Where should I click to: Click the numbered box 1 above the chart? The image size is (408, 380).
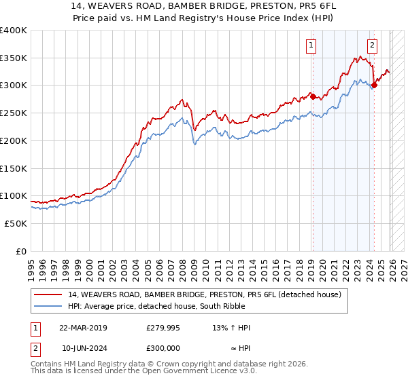click(x=311, y=45)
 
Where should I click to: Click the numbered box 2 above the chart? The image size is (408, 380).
click(x=373, y=45)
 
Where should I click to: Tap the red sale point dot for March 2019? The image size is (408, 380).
click(x=313, y=96)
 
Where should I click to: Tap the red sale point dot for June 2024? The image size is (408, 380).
click(x=375, y=85)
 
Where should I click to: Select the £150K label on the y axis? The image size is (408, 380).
click(x=14, y=168)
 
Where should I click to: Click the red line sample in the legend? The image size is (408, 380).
click(x=49, y=294)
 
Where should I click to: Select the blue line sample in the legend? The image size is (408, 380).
click(x=49, y=306)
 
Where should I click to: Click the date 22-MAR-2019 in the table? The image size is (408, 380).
click(x=83, y=328)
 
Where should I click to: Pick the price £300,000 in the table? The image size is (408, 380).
click(x=163, y=347)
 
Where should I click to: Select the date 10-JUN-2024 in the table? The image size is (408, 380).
click(x=83, y=347)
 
